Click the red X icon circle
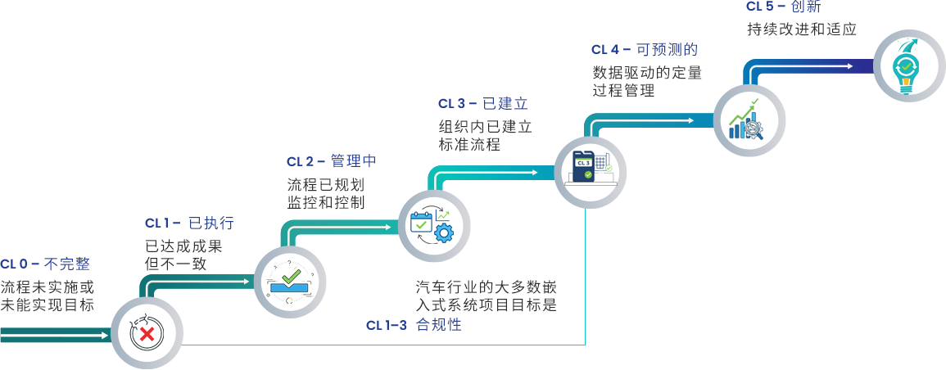[x=147, y=332]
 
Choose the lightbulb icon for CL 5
[x=906, y=65]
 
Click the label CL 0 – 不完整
[x=45, y=264]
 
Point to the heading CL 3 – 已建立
[x=482, y=104]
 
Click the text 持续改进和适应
[x=801, y=29]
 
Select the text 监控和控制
[x=326, y=202]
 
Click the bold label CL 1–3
[x=386, y=326]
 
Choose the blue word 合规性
[x=439, y=326]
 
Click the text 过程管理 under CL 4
[x=623, y=91]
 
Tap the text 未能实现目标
[x=48, y=305]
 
